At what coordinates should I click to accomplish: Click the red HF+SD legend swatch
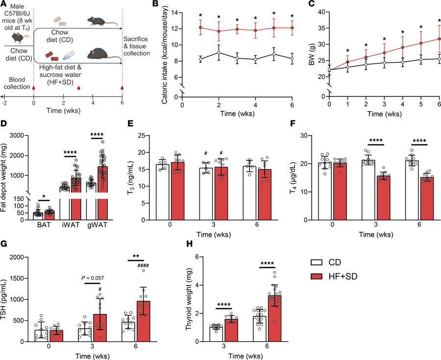click(x=317, y=277)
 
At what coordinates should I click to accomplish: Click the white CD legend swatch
click(x=317, y=263)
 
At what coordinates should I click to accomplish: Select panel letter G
click(x=4, y=244)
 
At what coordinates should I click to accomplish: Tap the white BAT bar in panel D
click(x=38, y=216)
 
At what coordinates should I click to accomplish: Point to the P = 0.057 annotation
click(x=93, y=278)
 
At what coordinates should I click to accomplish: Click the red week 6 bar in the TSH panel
click(x=143, y=321)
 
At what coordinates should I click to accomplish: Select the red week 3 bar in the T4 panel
click(x=384, y=198)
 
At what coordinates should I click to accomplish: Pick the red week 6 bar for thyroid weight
click(x=275, y=318)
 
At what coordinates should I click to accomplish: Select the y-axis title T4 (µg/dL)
click(x=293, y=178)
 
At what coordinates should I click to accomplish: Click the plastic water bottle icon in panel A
click(x=69, y=55)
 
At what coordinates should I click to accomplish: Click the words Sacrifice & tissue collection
click(x=137, y=46)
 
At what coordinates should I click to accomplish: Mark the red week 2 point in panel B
click(x=219, y=31)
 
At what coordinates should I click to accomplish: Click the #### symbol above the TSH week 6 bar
click(x=143, y=265)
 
